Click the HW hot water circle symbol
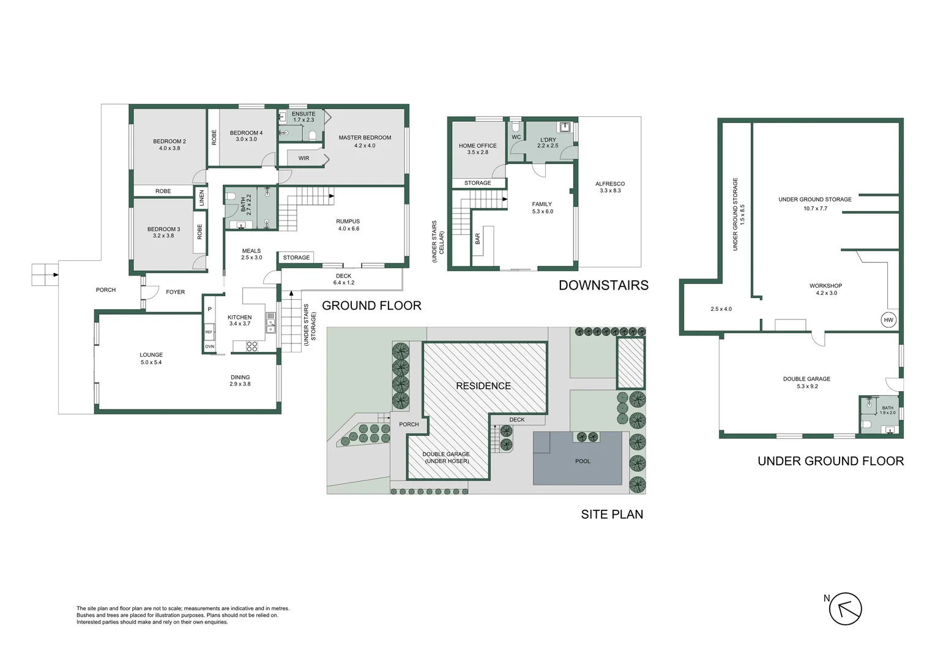point(888,320)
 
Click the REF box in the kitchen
point(209,332)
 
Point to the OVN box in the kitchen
point(209,346)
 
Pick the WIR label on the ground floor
point(304,159)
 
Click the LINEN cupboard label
point(201,198)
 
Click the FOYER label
point(175,292)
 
